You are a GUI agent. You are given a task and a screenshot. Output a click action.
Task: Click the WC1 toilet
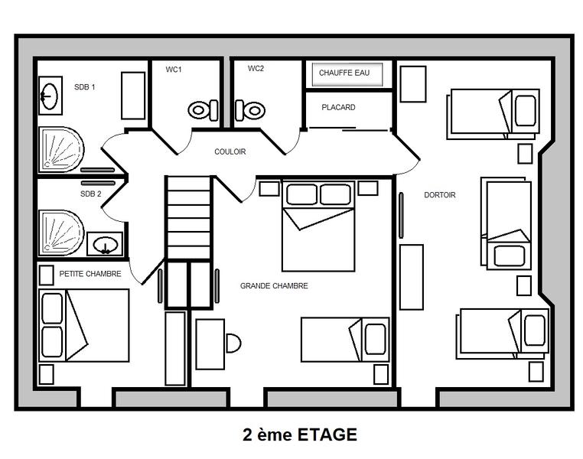pyautogui.click(x=203, y=110)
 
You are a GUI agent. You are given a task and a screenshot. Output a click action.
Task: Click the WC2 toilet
pyautogui.click(x=250, y=110)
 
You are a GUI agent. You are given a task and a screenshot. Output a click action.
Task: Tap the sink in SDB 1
pyautogui.click(x=50, y=96)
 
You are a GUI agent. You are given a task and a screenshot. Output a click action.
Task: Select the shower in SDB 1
pyautogui.click(x=61, y=150)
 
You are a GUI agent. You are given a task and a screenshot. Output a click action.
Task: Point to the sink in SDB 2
pyautogui.click(x=106, y=245)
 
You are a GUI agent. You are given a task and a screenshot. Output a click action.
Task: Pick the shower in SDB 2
pyautogui.click(x=61, y=233)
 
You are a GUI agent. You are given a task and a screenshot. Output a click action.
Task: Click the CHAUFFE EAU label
pyautogui.click(x=344, y=73)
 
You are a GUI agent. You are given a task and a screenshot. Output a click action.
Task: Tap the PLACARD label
pyautogui.click(x=338, y=107)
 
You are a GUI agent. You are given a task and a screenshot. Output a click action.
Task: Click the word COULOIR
pyautogui.click(x=230, y=151)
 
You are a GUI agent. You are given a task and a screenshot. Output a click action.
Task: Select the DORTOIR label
pyautogui.click(x=440, y=195)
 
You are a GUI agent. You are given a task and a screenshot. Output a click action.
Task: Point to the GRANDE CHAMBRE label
pyautogui.click(x=274, y=286)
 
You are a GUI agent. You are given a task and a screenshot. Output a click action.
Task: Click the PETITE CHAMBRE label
pyautogui.click(x=90, y=274)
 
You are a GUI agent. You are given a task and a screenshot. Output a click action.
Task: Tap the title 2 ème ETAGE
pyautogui.click(x=300, y=435)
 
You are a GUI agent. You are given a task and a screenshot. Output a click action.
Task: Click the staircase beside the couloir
pyautogui.click(x=188, y=218)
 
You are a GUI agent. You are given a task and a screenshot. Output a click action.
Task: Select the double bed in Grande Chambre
pyautogui.click(x=318, y=226)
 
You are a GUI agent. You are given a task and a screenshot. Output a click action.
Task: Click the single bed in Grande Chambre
pyautogui.click(x=345, y=340)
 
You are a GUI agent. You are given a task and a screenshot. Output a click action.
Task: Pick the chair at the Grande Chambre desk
pyautogui.click(x=233, y=343)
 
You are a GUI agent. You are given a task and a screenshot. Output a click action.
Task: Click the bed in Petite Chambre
pyautogui.click(x=84, y=326)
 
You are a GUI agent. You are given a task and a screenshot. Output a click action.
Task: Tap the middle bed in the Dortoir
pyautogui.click(x=506, y=223)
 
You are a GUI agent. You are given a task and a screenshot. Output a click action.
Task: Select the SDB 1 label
pyautogui.click(x=85, y=87)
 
